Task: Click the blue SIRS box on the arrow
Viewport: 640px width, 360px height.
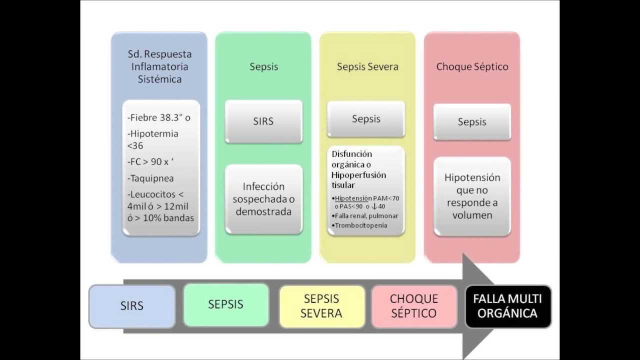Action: (x=132, y=306)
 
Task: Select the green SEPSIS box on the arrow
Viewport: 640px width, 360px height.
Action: (x=226, y=304)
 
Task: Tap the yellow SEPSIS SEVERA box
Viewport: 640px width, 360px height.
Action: (x=321, y=306)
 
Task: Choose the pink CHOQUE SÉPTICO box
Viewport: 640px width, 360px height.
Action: (x=414, y=306)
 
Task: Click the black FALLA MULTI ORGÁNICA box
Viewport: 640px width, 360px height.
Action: (x=507, y=306)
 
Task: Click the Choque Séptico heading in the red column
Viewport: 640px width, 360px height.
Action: (x=472, y=66)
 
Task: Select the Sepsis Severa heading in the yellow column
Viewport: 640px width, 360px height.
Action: (x=367, y=66)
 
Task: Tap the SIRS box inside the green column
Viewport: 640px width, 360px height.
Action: (x=263, y=121)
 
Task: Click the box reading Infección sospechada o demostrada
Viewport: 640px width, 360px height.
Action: (x=263, y=199)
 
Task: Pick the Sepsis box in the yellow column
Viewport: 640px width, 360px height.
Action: (x=366, y=119)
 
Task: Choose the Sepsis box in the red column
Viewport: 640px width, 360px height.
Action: (x=472, y=122)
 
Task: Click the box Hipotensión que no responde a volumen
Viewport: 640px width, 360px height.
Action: (x=472, y=196)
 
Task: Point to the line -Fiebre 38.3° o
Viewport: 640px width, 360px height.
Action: (x=159, y=118)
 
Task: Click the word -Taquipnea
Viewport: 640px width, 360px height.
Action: (x=151, y=178)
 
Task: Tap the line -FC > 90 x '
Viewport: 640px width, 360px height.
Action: (x=153, y=162)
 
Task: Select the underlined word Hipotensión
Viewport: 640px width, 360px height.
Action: (x=353, y=198)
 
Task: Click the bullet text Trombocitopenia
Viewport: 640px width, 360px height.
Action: (x=361, y=225)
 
